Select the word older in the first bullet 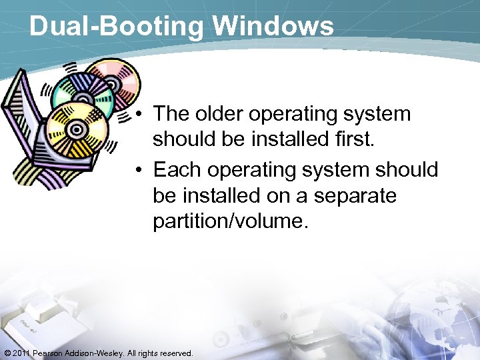222,114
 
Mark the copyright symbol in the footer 7,353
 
